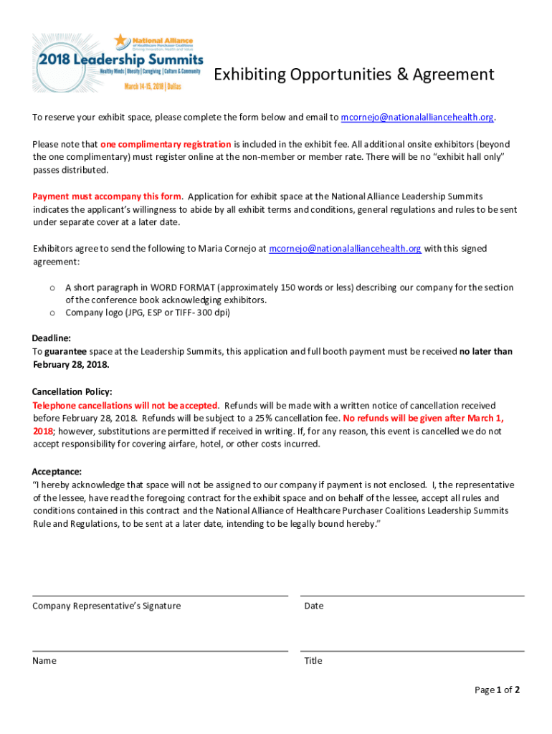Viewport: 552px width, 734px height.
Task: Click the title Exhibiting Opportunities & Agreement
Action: pos(354,75)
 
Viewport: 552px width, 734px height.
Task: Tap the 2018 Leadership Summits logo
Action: pos(118,62)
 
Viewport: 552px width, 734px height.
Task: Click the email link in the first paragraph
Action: pos(417,118)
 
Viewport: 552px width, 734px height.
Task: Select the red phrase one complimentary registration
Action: pos(166,144)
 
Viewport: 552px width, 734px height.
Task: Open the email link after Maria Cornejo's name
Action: pos(345,249)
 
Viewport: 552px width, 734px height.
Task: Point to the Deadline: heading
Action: pos(51,338)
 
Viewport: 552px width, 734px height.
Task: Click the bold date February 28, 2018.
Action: pos(71,364)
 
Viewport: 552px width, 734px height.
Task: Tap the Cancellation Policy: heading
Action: pos(72,392)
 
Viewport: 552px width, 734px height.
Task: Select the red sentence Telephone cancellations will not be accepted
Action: pos(125,406)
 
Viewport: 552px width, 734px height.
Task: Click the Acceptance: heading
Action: pos(57,472)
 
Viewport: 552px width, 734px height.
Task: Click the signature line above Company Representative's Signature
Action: pos(160,596)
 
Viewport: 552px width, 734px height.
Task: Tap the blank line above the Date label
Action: pos(412,596)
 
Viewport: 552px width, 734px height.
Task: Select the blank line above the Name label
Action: pos(160,651)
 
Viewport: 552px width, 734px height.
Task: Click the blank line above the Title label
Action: pos(412,651)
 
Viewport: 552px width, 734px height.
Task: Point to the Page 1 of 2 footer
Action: pos(497,690)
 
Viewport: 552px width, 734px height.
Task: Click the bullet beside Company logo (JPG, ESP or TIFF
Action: pos(52,313)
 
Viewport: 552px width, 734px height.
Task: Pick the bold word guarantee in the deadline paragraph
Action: pos(65,351)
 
